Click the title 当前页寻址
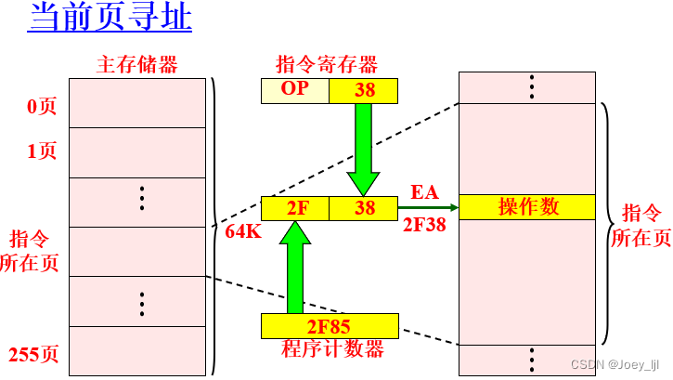[110, 19]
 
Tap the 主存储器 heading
[137, 64]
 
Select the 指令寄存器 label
[328, 64]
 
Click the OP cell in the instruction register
[294, 90]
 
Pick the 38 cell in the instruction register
[364, 90]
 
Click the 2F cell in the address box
[296, 208]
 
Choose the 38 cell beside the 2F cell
[364, 208]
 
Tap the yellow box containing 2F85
[329, 326]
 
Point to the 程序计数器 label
[332, 349]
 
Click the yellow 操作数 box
[527, 207]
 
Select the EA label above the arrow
[424, 192]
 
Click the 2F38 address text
[425, 225]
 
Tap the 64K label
[243, 232]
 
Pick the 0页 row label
[42, 107]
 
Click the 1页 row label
[42, 151]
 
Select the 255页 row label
[33, 354]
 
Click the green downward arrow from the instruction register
[363, 147]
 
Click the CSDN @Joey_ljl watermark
[619, 364]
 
